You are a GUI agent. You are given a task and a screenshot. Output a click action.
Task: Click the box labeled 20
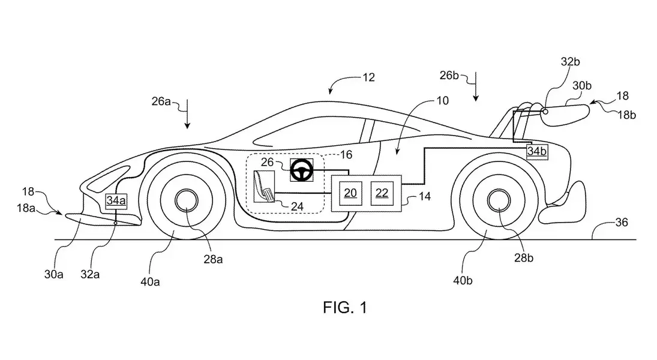coord(350,192)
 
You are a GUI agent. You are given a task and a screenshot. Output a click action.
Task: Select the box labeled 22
coord(382,192)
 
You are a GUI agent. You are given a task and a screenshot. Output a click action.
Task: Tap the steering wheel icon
coord(301,171)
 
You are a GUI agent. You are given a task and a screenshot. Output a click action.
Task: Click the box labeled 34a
coord(115,201)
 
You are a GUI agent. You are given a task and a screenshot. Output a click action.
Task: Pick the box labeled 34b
coord(537,152)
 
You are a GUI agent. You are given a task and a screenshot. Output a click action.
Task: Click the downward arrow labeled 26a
coord(187,114)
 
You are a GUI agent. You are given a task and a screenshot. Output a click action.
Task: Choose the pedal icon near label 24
coord(265,187)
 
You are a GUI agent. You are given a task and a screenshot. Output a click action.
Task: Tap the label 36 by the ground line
coord(621,222)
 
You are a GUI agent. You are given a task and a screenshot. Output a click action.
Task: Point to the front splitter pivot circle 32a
coord(116,222)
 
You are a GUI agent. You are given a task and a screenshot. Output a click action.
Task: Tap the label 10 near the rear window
coord(442,101)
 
